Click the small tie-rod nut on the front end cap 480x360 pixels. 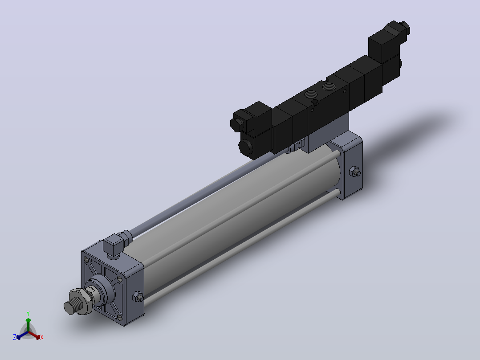click(138, 297)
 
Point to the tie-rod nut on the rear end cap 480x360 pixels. click(354, 172)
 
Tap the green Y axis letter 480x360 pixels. click(28, 313)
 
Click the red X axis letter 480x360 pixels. click(42, 337)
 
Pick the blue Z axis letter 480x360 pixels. click(15, 337)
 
